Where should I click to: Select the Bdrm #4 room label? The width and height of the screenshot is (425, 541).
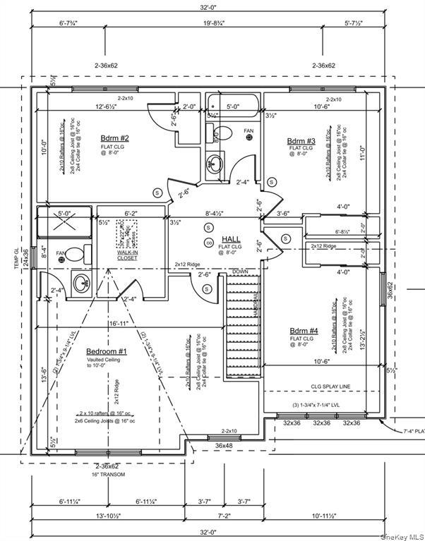point(303,330)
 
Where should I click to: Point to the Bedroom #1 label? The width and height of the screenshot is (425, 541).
point(107,351)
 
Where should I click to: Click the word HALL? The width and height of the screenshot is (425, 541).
point(232,239)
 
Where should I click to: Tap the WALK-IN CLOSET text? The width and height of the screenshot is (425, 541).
point(127,255)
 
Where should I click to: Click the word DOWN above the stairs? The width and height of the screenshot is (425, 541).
point(240,271)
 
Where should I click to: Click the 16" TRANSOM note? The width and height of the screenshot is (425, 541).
point(108,474)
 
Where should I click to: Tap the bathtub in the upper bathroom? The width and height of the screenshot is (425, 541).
point(233,110)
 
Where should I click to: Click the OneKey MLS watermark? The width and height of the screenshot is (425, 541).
point(404,535)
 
